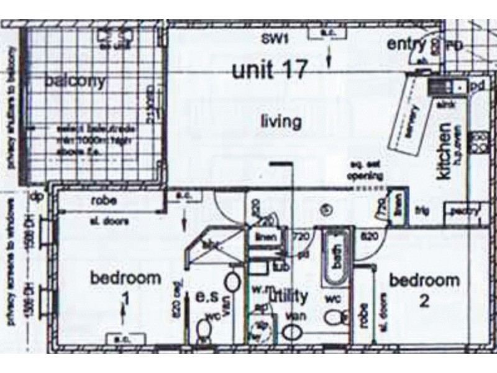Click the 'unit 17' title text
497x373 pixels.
[x=270, y=70]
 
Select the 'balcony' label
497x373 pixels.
[x=75, y=81]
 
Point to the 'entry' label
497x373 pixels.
[x=406, y=45]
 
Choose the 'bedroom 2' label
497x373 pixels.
[x=424, y=290]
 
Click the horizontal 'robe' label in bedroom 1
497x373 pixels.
[x=105, y=201]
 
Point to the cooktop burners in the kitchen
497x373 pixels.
[x=479, y=142]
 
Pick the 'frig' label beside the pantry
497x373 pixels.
[x=422, y=211]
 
